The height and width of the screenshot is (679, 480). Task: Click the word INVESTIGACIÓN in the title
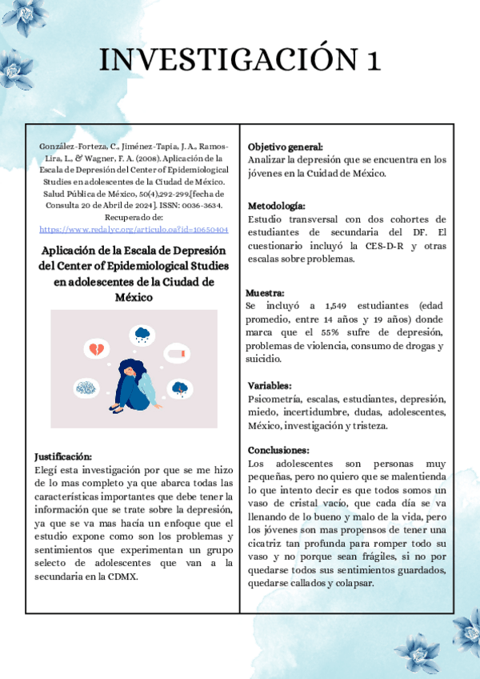coord(226,60)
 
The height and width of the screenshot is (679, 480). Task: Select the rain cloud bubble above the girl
coord(144,334)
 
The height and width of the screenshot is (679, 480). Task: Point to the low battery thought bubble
coord(178,353)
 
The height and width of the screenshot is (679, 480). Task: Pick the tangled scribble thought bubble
coord(86,388)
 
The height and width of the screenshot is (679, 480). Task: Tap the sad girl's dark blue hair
coord(130,372)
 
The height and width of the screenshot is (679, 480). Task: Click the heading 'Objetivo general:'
coord(286,147)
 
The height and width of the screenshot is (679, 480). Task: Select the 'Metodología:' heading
coord(277,206)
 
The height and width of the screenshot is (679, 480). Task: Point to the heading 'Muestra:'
coord(266,293)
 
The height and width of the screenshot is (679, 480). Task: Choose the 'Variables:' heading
coord(270,385)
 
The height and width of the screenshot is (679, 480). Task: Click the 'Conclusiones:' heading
coord(278,450)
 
